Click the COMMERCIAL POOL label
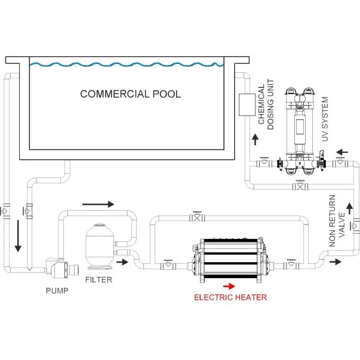[x=130, y=94]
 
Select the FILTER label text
[x=99, y=279]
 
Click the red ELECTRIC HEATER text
[x=230, y=297]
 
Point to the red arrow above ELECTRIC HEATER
[x=229, y=285]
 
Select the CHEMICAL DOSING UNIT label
[x=266, y=104]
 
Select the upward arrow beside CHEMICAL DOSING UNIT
[x=255, y=139]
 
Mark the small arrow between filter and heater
[x=122, y=261]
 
